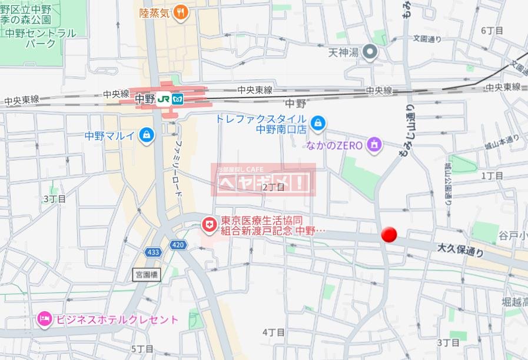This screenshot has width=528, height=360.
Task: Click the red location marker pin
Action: (x=388, y=234)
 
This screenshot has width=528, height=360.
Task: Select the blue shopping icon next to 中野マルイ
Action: (x=145, y=135)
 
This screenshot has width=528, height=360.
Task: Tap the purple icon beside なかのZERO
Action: (x=373, y=144)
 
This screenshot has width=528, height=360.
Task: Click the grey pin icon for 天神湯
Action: (x=370, y=53)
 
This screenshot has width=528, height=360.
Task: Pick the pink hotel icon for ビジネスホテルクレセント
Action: (x=44, y=319)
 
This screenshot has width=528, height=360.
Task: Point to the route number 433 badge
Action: (x=153, y=252)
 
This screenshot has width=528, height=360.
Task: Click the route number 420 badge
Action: (x=178, y=244)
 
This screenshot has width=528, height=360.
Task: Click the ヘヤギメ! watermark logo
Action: (x=263, y=180)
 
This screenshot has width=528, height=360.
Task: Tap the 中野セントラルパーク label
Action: (x=40, y=38)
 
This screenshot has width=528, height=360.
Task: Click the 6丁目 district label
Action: (x=492, y=30)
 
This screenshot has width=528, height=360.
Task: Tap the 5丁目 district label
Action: (x=142, y=349)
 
